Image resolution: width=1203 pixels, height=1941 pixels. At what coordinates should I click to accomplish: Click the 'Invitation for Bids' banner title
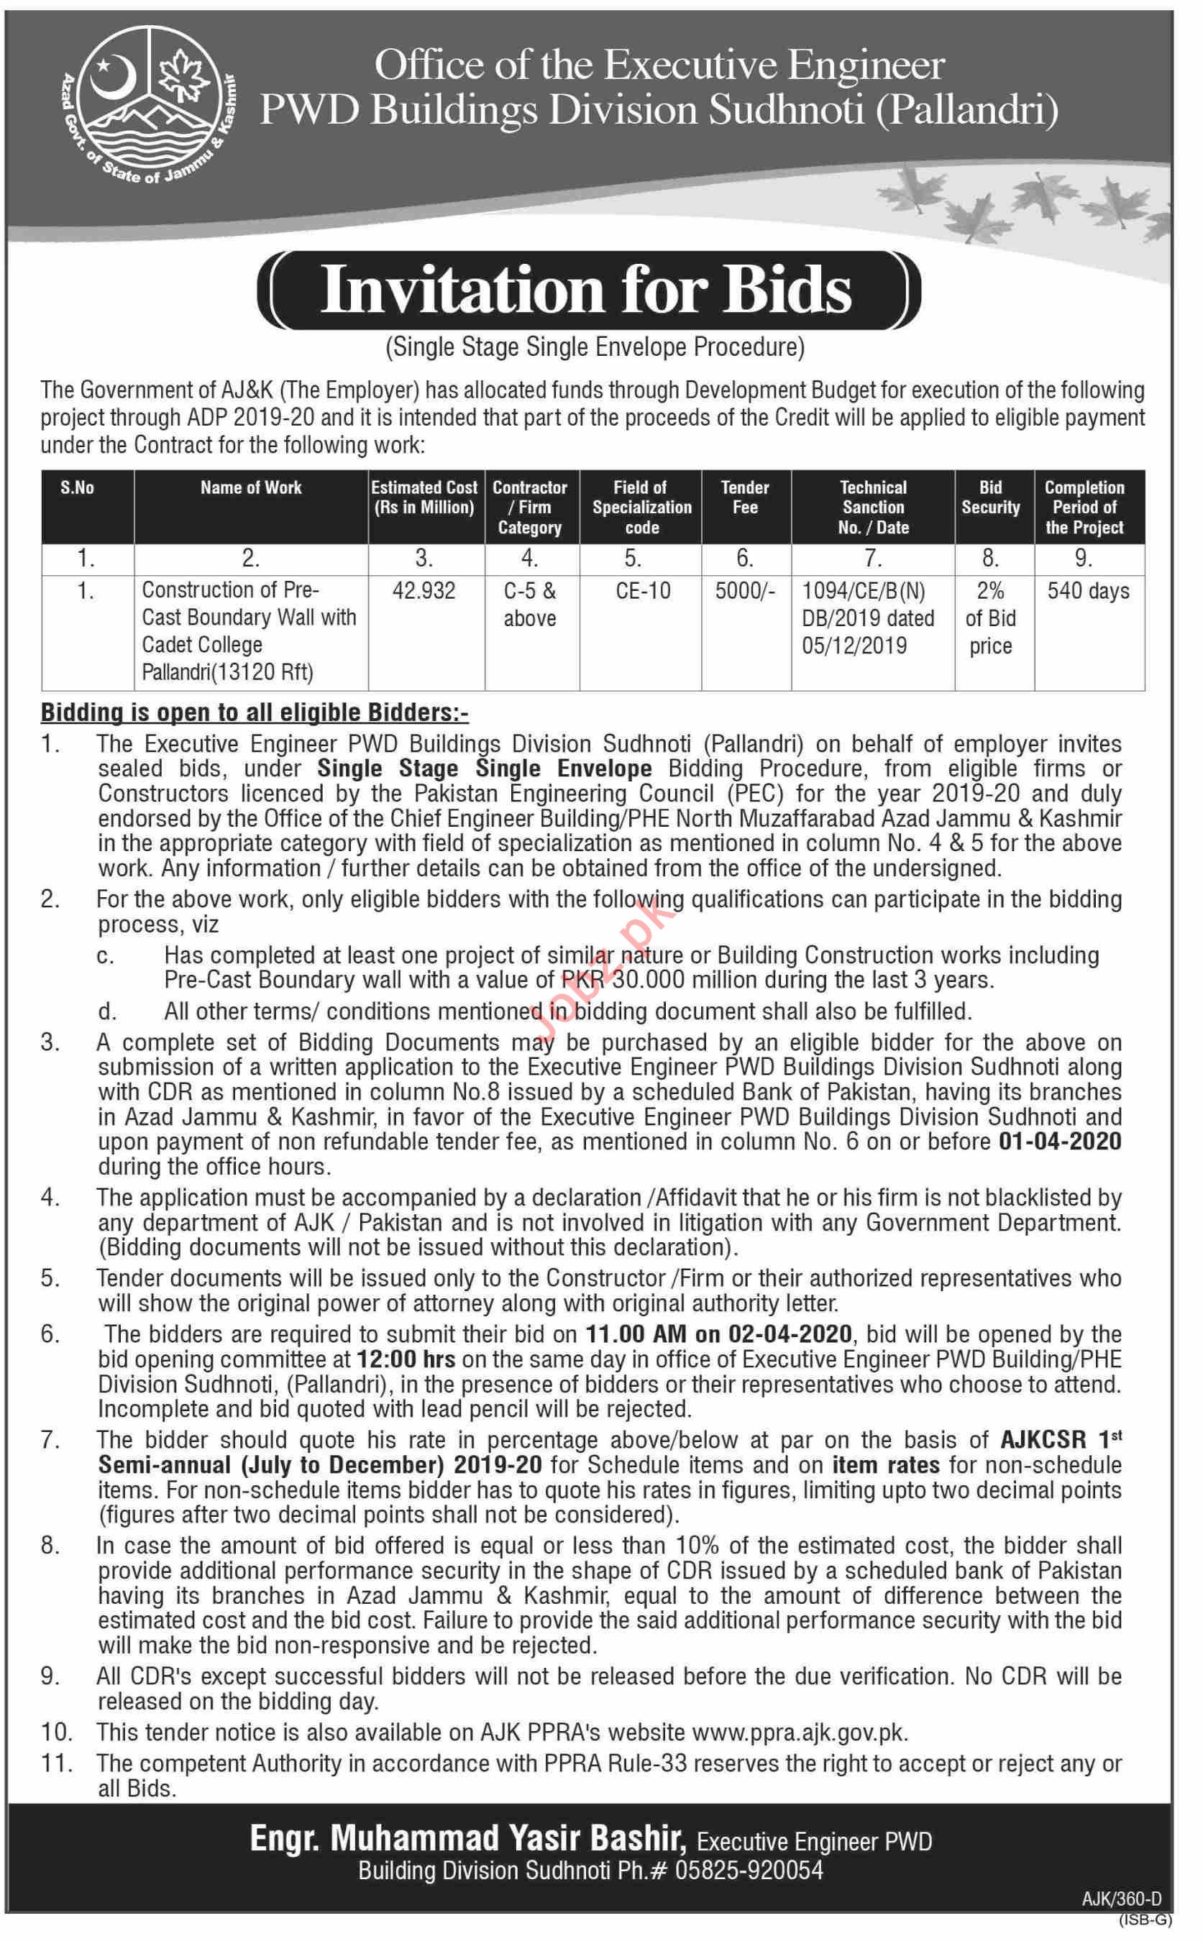click(x=587, y=290)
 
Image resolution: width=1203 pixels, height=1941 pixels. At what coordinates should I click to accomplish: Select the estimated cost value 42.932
click(x=424, y=591)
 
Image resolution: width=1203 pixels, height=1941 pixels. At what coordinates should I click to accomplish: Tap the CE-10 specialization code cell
click(x=642, y=591)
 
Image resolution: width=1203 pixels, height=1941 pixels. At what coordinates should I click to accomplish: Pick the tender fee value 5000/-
click(x=745, y=591)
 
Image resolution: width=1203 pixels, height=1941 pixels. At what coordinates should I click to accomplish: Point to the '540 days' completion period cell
click(x=1088, y=591)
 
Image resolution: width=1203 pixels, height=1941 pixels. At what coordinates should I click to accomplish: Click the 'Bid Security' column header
click(x=991, y=498)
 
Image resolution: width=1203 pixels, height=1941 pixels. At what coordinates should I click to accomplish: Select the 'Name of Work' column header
click(x=251, y=487)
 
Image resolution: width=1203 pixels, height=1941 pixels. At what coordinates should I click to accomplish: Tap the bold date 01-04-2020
click(x=1060, y=1142)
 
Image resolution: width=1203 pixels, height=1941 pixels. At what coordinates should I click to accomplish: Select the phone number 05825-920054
click(x=749, y=1871)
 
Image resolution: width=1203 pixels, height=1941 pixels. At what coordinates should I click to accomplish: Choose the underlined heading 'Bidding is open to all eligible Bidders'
click(x=255, y=712)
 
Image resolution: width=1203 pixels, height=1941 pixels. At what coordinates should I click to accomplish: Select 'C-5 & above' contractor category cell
click(x=530, y=605)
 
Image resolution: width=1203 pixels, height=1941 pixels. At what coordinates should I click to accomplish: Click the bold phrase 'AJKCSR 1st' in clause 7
click(x=1060, y=1440)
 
